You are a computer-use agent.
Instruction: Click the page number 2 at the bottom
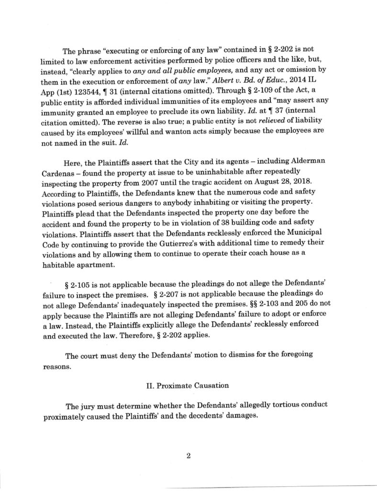click(188, 456)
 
